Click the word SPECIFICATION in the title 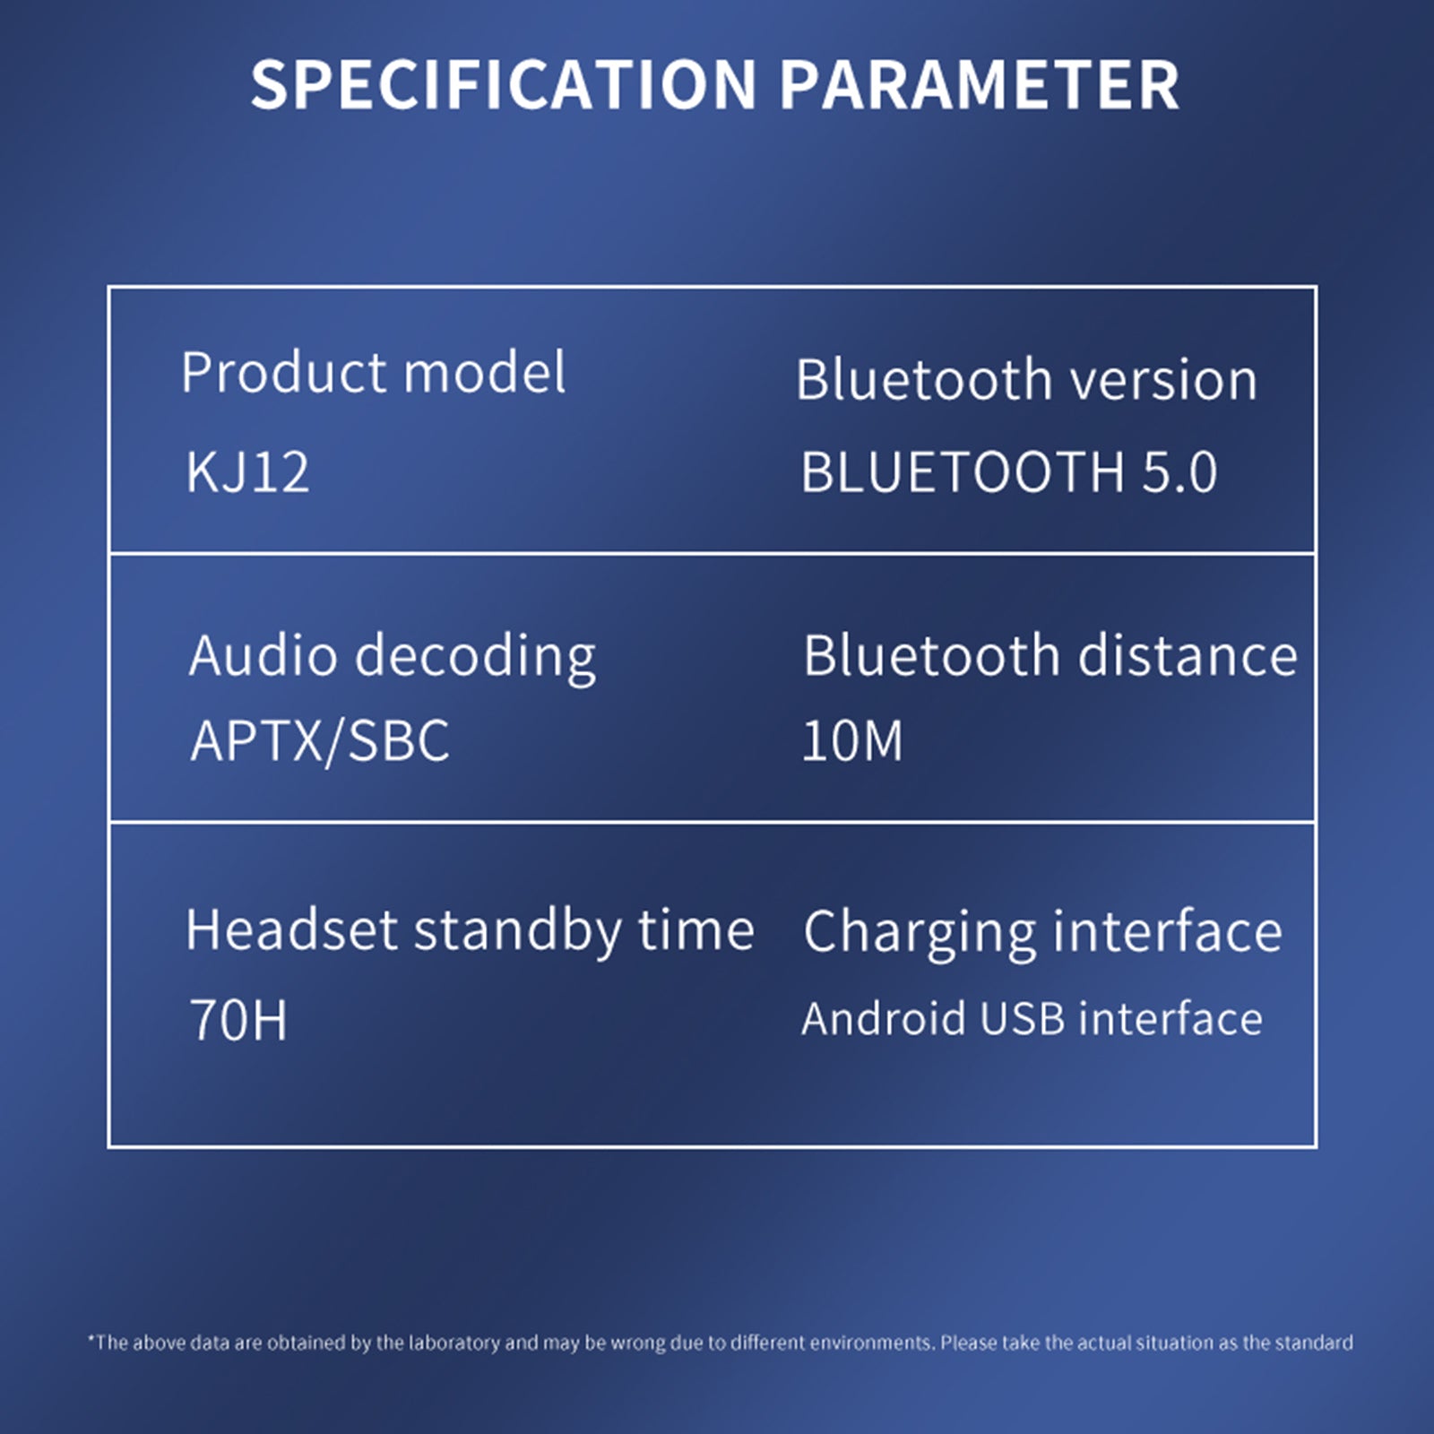[504, 85]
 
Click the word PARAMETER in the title [979, 85]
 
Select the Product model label [373, 372]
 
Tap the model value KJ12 [247, 471]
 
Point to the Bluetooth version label [1027, 379]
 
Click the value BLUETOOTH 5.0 [1009, 471]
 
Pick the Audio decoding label [393, 657]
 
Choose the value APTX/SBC [320, 742]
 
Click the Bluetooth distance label [1050, 655]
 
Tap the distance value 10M [852, 740]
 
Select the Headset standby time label [470, 931]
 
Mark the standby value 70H [238, 1020]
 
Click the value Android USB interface [1032, 1019]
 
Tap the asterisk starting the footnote [91, 1338]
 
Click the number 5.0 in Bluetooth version [1179, 471]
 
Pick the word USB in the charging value [1022, 1019]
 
